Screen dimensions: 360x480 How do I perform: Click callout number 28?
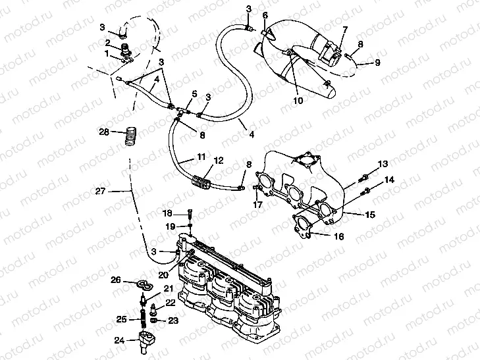click(104, 132)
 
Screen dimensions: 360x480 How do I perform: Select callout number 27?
click(100, 192)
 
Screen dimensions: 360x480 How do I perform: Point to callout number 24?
click(119, 340)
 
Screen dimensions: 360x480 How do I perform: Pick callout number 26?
click(115, 280)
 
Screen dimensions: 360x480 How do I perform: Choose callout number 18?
click(167, 213)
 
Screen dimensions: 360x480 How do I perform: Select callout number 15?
click(370, 214)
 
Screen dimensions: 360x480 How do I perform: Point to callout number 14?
click(389, 180)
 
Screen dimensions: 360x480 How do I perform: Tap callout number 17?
click(258, 205)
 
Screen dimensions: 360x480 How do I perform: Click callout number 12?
click(218, 160)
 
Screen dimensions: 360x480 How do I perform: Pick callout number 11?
click(201, 157)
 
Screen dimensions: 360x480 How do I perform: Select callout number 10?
click(298, 101)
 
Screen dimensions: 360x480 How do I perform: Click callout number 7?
click(344, 30)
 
